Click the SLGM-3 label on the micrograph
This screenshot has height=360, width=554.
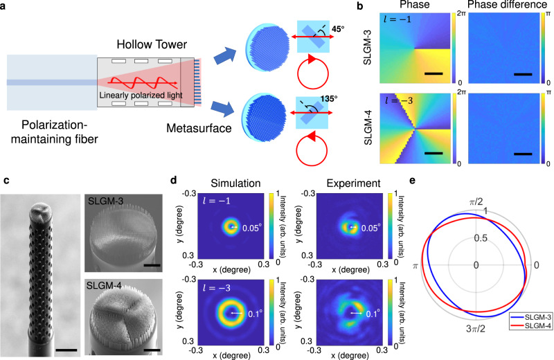pos(106,201)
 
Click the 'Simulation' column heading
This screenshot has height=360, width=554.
pos(222,185)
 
